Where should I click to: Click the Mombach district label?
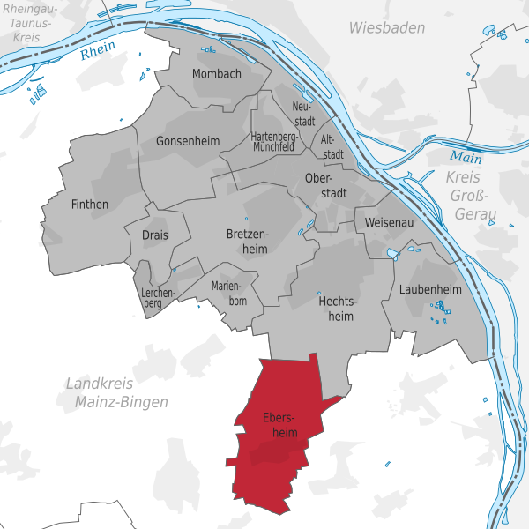(x=216, y=74)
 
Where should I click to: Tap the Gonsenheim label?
(x=185, y=141)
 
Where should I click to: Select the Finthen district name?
(x=89, y=205)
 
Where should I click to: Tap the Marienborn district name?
(x=229, y=293)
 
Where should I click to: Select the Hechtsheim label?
(x=335, y=308)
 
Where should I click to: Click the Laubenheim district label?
(x=430, y=289)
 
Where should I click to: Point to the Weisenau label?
(x=388, y=223)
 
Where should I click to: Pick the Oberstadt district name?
(x=324, y=186)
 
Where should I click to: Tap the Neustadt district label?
(x=302, y=114)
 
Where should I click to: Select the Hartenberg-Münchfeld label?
(x=272, y=142)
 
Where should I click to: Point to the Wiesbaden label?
(x=386, y=28)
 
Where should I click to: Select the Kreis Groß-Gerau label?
(x=473, y=196)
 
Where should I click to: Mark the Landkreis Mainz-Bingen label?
(x=116, y=392)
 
